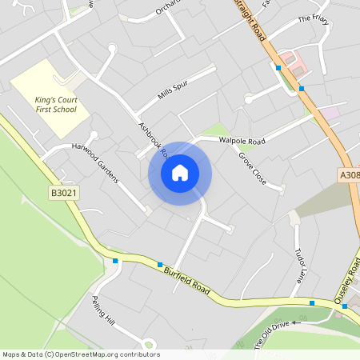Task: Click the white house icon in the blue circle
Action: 180,173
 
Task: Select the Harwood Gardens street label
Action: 95,163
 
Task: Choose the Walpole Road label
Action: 241,141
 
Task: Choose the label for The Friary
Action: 314,18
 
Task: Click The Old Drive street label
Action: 270,334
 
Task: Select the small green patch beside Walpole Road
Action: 214,130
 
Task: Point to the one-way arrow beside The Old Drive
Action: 294,322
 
